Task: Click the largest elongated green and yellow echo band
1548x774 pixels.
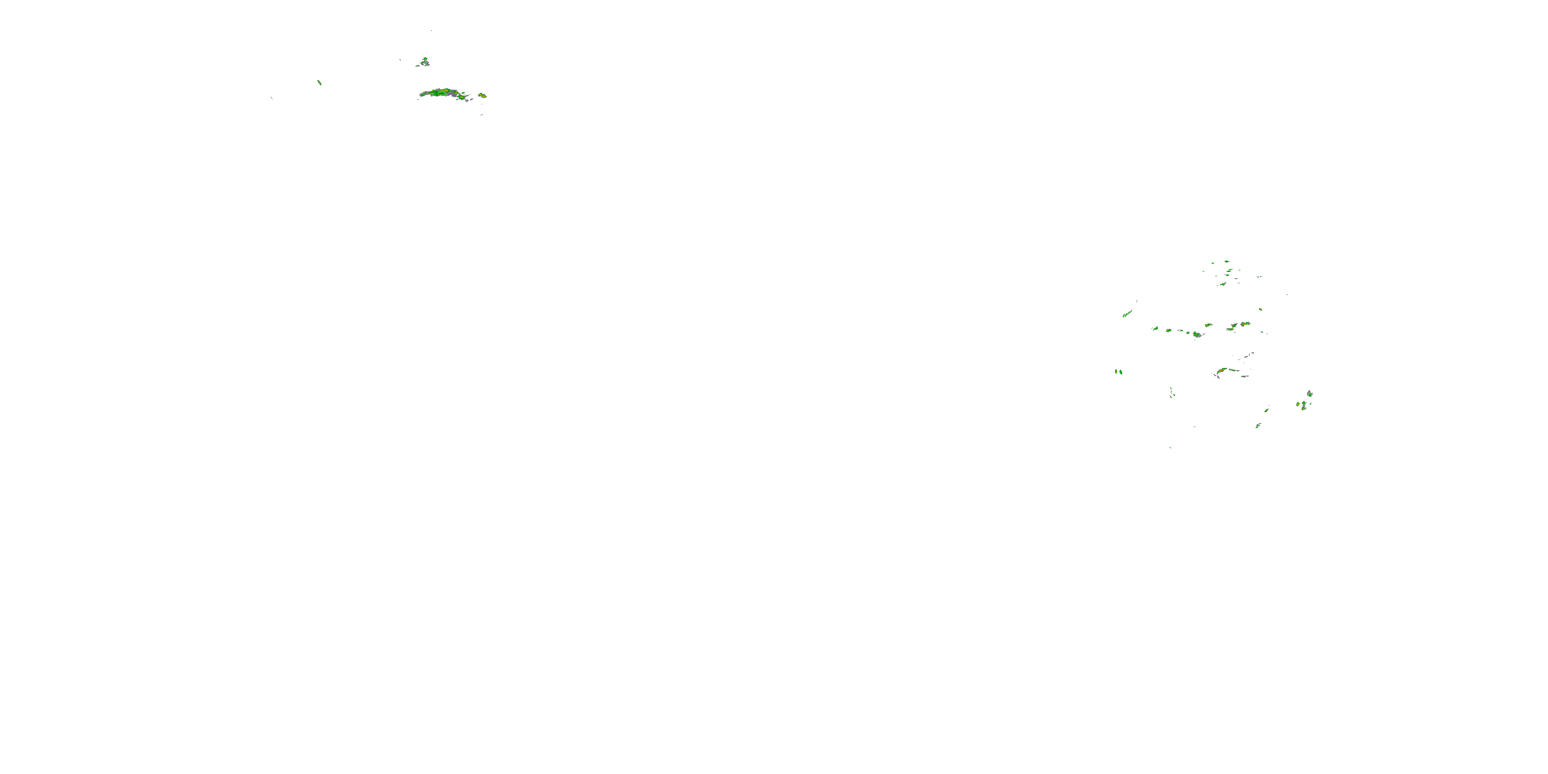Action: pos(443,93)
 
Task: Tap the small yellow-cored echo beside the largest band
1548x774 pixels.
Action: pos(482,95)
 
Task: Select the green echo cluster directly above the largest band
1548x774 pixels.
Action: pos(424,61)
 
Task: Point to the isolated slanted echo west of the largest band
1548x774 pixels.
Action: pos(319,83)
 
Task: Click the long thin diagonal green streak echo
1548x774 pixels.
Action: pos(1127,313)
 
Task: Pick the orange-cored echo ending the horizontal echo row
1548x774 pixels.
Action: pos(1245,324)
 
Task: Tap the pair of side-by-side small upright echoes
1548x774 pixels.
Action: pos(1118,372)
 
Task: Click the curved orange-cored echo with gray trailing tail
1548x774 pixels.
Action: pos(1222,371)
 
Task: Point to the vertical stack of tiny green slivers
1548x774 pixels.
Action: pos(1171,392)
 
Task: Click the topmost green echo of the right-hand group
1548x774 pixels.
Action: pos(1226,262)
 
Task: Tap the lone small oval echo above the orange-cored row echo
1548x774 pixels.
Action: pos(1260,310)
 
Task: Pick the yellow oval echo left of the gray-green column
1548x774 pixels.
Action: pos(1298,404)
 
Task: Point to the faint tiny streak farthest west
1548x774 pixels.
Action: pos(271,98)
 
